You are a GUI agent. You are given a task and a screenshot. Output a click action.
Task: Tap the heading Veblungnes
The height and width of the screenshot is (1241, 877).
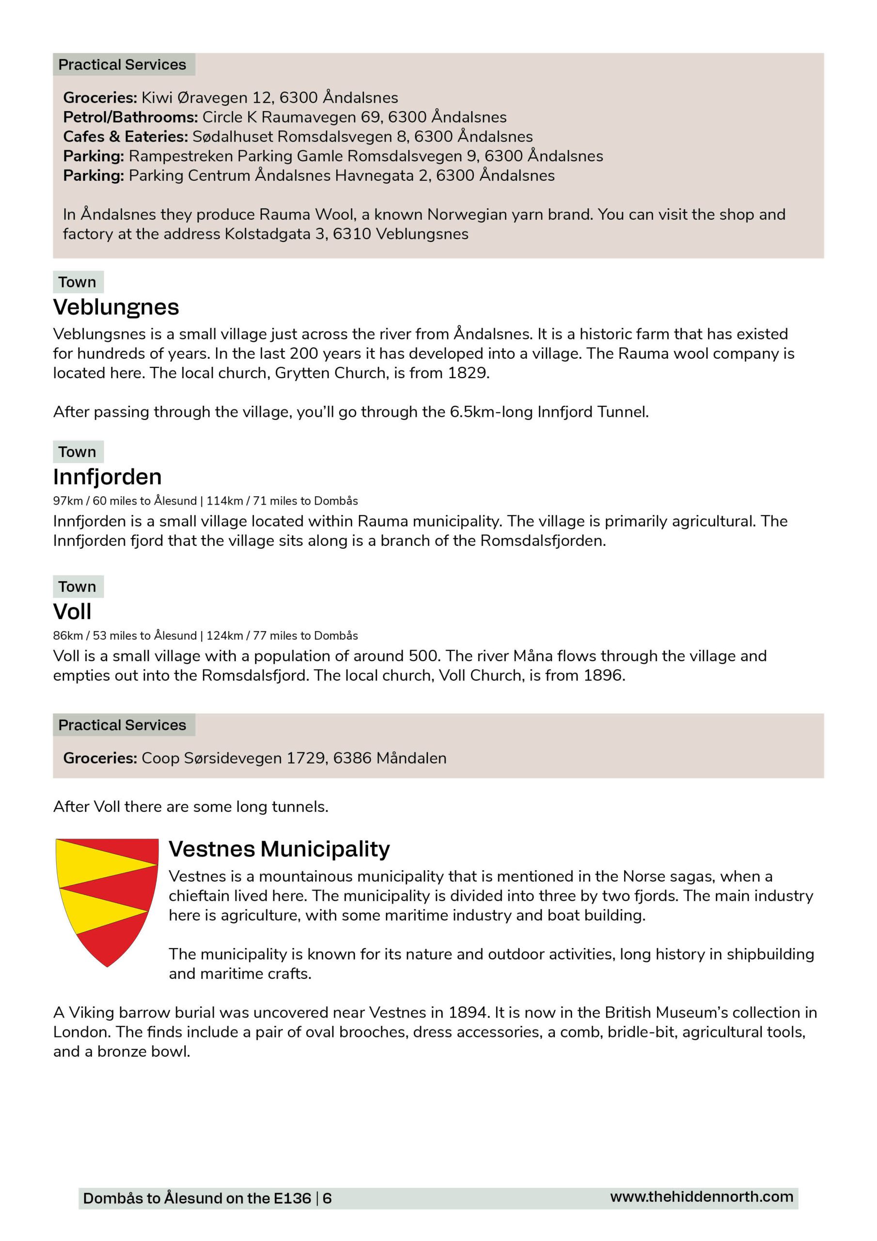click(116, 307)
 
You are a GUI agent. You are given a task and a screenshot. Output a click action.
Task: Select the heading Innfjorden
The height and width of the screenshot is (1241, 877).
click(107, 477)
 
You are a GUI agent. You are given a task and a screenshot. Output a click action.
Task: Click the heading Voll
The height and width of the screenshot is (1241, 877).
click(72, 611)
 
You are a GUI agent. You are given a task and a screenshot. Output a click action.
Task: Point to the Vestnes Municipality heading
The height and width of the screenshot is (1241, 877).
click(279, 849)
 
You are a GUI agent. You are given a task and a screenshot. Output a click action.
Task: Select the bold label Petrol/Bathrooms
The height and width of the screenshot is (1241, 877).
click(130, 117)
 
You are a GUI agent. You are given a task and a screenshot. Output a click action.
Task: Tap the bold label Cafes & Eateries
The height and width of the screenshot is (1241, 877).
click(125, 137)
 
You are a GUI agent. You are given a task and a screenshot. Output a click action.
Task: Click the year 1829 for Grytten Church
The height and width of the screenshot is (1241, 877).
click(468, 373)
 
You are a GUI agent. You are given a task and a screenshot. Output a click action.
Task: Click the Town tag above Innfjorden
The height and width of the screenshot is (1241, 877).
click(77, 452)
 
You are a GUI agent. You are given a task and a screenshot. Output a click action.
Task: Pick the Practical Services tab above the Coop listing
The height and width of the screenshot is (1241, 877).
click(122, 725)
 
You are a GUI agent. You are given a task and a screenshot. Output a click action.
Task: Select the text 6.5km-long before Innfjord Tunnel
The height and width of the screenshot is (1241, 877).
click(491, 413)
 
